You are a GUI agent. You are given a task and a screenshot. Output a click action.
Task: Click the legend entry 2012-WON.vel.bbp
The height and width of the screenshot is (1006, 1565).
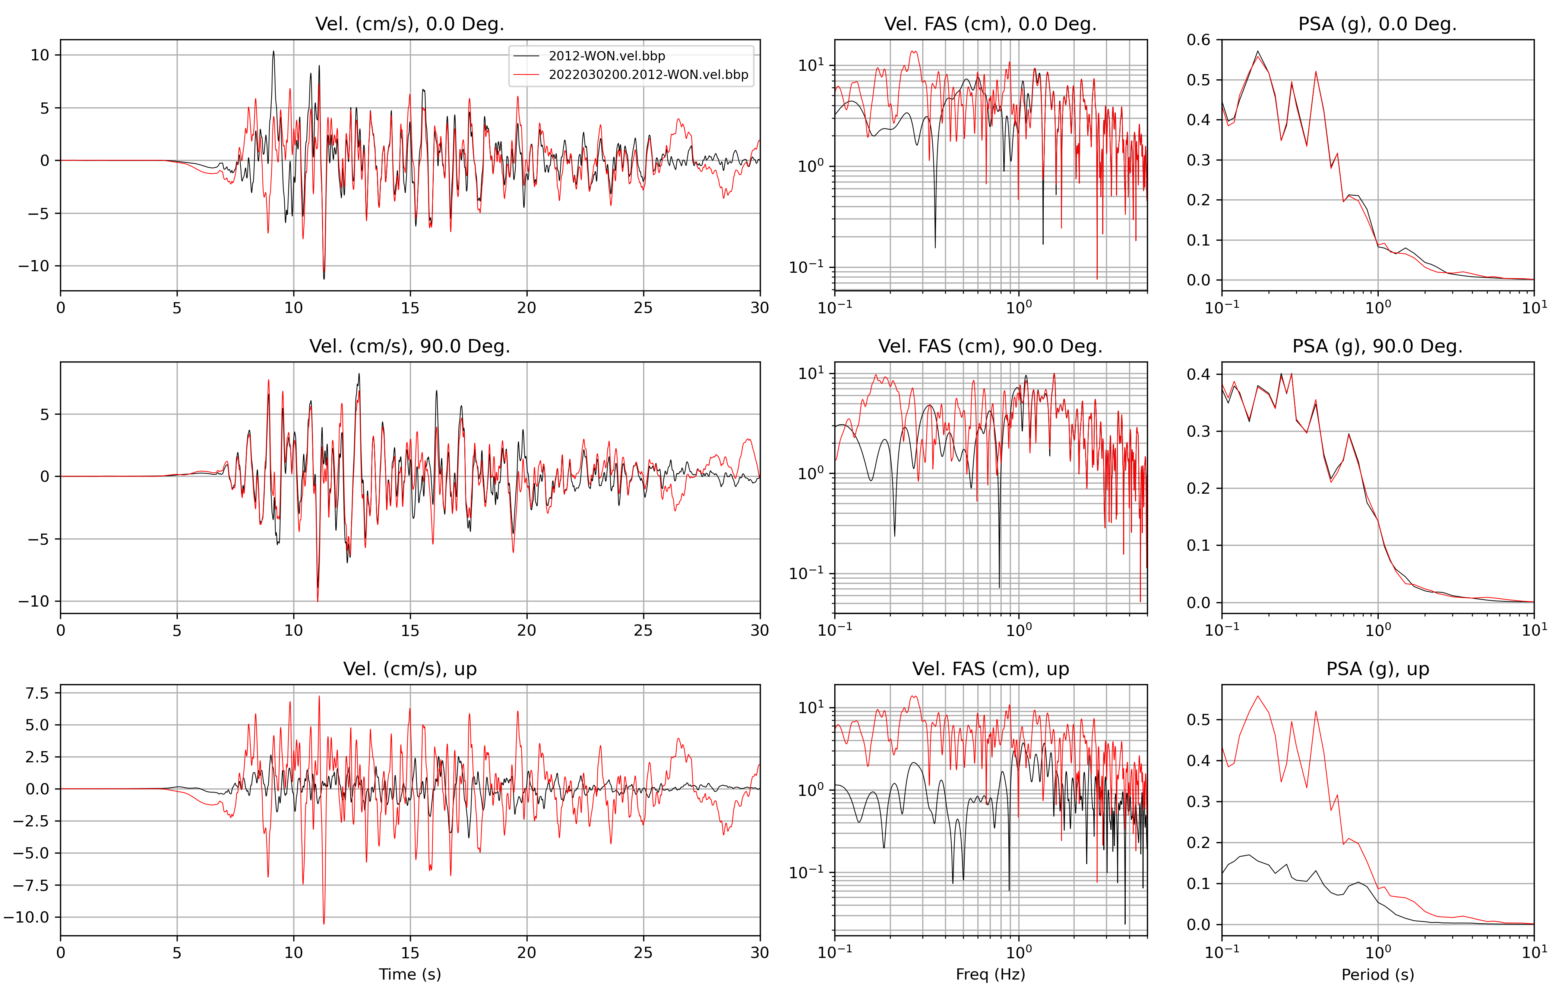tap(606, 56)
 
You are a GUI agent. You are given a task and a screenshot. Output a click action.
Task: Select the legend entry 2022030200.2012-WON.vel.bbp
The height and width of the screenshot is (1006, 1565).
tap(648, 75)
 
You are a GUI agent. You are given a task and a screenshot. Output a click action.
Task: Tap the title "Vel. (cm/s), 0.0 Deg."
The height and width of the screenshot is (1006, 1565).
tap(410, 24)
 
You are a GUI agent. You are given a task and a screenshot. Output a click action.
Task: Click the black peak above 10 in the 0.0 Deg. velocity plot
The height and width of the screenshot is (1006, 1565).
tap(274, 52)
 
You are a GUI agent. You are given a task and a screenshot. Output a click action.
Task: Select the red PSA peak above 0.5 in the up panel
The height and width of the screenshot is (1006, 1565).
tap(1257, 696)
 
